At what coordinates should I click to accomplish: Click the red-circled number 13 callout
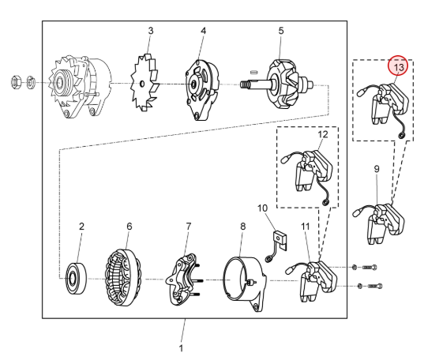coord(398,66)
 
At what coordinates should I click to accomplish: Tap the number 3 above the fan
coord(151,31)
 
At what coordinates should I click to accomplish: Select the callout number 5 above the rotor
coord(281,31)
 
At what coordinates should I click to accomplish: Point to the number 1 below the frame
coord(181,348)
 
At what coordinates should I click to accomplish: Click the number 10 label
coord(262,208)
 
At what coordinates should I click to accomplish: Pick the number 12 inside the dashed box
coord(323,134)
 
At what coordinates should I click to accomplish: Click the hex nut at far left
coord(16,82)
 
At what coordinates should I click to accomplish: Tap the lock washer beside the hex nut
coord(31,82)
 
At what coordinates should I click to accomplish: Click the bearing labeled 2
coord(77,279)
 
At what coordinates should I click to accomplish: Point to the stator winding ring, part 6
coord(122,278)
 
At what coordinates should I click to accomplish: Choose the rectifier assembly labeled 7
coord(182,279)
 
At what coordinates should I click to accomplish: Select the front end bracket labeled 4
coord(202,90)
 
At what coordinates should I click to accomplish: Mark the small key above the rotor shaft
coord(253,72)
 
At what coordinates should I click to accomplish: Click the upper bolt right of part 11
coord(369,267)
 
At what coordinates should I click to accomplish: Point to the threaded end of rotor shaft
coord(245,84)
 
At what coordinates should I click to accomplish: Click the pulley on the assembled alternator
coord(60,82)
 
